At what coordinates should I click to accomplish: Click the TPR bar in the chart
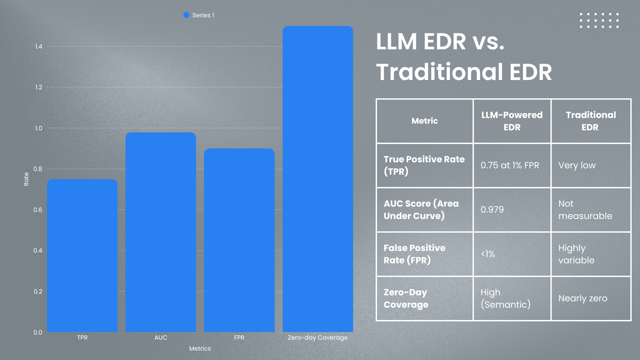[x=82, y=255]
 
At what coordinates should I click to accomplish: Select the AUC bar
[x=161, y=232]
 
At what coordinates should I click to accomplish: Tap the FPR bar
[x=239, y=240]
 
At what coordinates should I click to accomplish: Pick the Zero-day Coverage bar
[x=318, y=179]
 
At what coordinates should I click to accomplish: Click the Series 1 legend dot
[x=186, y=15]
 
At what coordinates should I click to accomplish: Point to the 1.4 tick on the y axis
[x=39, y=47]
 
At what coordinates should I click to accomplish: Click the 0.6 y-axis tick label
[x=38, y=210]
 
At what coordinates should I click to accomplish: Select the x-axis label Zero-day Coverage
[x=318, y=338]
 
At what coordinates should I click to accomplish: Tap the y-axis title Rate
[x=26, y=179]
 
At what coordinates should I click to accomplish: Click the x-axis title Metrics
[x=200, y=349]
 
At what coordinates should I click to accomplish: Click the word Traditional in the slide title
[x=439, y=72]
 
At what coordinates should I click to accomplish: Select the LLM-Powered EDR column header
[x=512, y=121]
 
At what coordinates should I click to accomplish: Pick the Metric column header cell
[x=424, y=121]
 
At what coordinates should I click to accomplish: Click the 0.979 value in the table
[x=492, y=210]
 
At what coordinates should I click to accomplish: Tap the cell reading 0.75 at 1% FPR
[x=510, y=165]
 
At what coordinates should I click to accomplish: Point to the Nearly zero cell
[x=583, y=298]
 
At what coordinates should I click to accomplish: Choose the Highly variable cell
[x=576, y=254]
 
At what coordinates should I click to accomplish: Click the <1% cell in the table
[x=488, y=254]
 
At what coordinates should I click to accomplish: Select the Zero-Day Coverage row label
[x=406, y=298]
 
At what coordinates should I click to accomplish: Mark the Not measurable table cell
[x=585, y=210]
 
